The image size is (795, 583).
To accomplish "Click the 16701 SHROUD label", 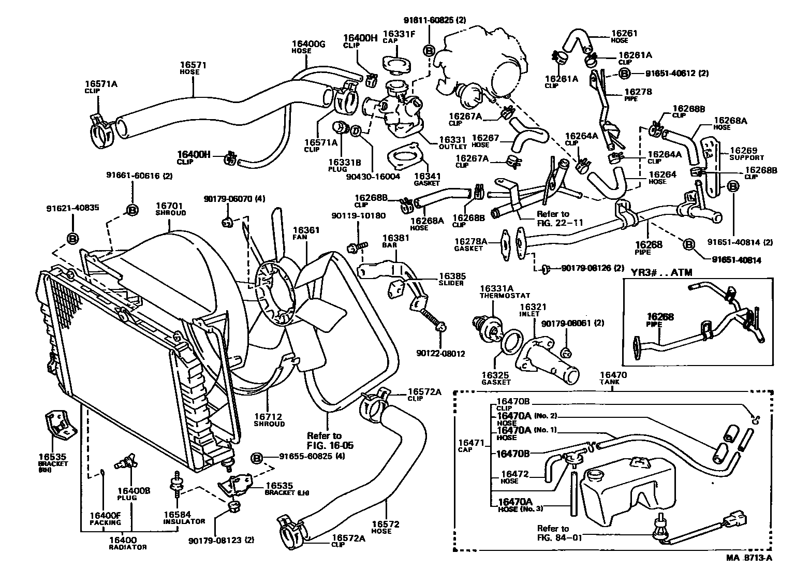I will tap(170, 209).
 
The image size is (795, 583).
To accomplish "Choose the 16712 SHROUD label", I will tap(269, 419).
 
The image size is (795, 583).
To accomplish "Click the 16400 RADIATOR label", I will tap(127, 543).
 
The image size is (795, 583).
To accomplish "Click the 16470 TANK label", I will tap(613, 378).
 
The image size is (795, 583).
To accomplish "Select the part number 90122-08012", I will tap(440, 354).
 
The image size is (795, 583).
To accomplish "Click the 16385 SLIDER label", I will tap(452, 279).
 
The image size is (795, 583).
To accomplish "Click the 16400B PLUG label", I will tap(126, 494).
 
